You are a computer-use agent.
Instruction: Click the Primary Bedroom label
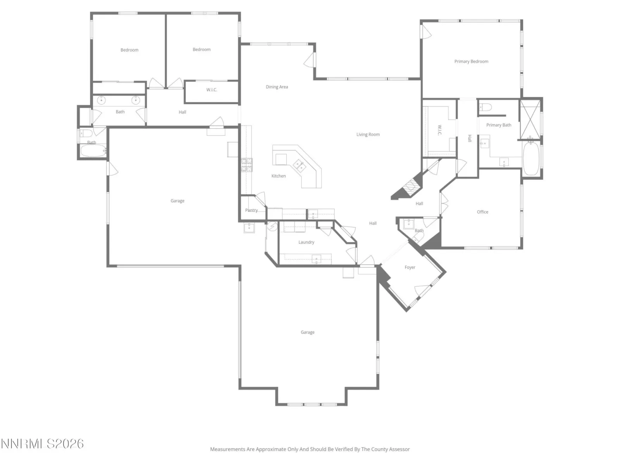[471, 62]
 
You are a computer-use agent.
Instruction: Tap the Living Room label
[368, 134]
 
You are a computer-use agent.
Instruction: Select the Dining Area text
[277, 87]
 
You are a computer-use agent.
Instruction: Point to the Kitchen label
[279, 176]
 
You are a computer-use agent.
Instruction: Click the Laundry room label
[306, 242]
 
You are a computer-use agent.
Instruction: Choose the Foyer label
[410, 267]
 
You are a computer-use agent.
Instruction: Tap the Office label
[482, 212]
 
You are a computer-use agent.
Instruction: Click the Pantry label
[251, 210]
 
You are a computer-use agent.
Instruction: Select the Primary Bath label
[499, 125]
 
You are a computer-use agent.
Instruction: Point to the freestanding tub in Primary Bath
[531, 158]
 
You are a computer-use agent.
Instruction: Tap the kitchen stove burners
[246, 165]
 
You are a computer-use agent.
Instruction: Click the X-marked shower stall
[530, 119]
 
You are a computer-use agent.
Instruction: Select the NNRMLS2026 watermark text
[42, 444]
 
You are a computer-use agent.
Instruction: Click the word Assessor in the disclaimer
[399, 449]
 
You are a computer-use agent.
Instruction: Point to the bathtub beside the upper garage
[93, 151]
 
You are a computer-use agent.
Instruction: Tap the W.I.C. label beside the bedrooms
[212, 90]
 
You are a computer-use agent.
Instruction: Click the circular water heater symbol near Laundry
[272, 226]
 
